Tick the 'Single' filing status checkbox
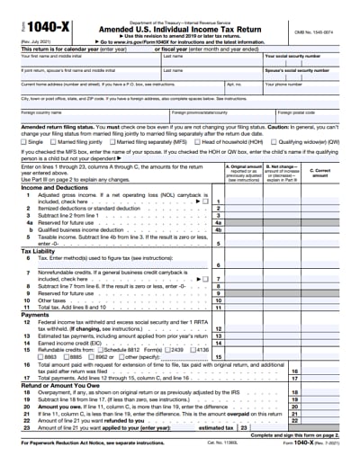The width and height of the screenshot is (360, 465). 23,141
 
